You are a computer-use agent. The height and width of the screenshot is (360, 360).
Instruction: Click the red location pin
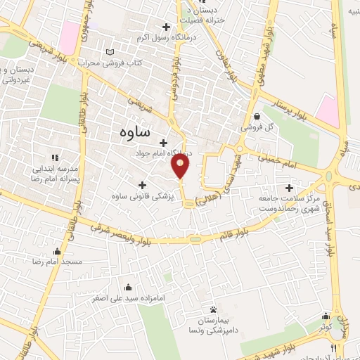click(181, 166)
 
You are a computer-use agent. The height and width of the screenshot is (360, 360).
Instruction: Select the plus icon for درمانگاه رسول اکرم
click(165, 27)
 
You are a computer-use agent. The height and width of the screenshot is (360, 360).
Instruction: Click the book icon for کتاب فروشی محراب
click(109, 52)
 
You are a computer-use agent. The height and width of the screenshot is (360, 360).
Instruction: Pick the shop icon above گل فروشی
click(257, 117)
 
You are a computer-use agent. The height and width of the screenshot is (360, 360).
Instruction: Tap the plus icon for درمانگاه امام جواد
click(164, 142)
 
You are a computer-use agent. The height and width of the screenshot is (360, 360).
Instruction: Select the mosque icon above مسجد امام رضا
click(57, 251)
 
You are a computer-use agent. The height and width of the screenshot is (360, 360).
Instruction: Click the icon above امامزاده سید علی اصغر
click(128, 287)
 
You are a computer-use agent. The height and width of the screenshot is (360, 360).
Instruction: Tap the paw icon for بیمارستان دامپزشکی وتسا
click(212, 309)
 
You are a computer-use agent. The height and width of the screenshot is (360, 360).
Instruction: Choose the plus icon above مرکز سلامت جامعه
click(289, 188)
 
